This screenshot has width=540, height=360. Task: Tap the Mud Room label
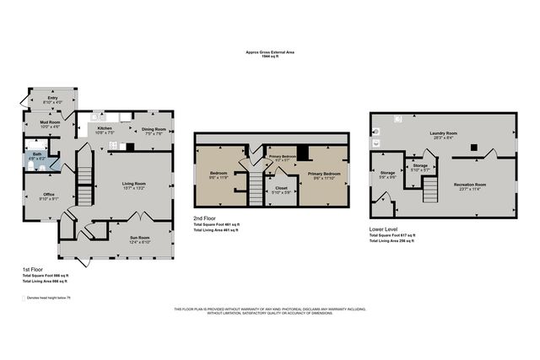[51, 124]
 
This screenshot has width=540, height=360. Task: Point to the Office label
[48, 196]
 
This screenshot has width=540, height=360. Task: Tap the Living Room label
[134, 185]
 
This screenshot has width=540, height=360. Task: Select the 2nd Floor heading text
[204, 218]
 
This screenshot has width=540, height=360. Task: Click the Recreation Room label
[469, 185]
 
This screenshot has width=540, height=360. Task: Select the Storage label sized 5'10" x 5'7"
[419, 168]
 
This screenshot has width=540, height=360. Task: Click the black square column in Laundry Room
[472, 148]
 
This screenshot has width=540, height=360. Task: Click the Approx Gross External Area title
[269, 52]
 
